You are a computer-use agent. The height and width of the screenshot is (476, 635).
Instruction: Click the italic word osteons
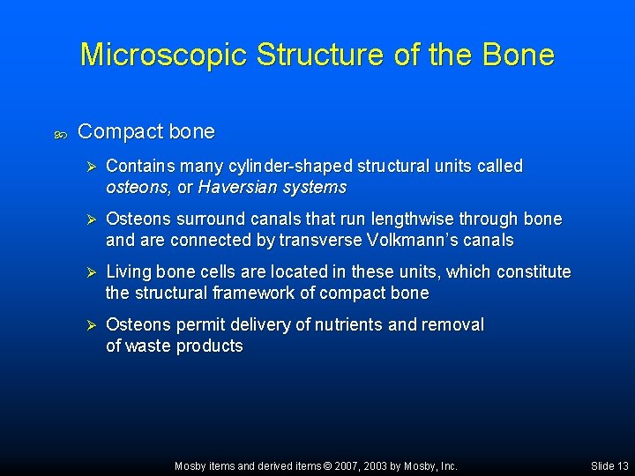click(x=138, y=187)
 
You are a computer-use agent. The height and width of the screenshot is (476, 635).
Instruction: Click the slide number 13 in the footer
click(x=622, y=465)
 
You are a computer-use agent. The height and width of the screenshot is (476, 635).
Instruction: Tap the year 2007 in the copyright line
click(x=342, y=465)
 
